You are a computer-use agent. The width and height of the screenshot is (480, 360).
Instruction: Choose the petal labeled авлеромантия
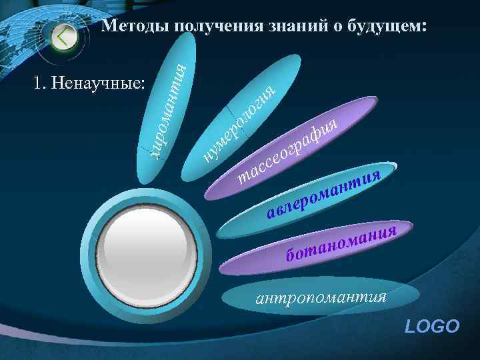tap(323, 193)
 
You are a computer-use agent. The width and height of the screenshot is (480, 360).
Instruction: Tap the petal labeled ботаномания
tap(340, 243)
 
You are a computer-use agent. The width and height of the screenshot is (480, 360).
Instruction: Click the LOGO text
tap(432, 326)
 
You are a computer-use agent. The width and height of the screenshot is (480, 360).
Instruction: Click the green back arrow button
tap(63, 36)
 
